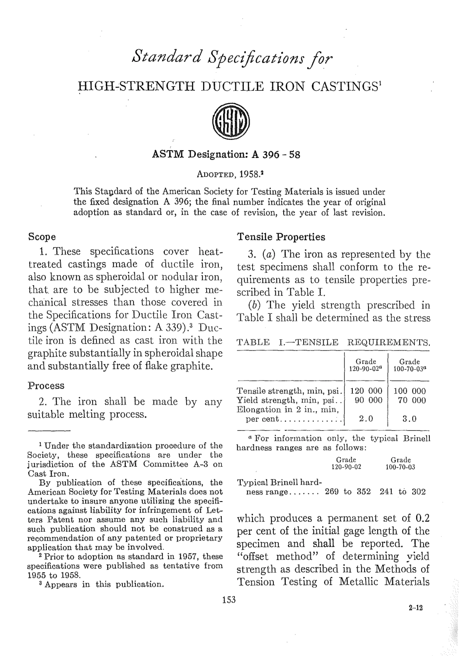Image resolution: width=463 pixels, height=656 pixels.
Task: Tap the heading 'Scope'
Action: tap(42, 237)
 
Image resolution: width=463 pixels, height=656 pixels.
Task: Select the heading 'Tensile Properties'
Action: tap(280, 237)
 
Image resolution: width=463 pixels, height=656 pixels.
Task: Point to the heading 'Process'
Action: tap(46, 386)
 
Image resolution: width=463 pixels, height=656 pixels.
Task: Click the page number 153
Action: tap(229, 600)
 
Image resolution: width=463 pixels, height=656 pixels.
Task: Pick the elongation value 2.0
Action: tap(366, 419)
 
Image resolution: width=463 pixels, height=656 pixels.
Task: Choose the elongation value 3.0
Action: tap(409, 419)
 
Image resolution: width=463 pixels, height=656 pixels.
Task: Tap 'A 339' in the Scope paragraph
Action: tap(172, 327)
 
